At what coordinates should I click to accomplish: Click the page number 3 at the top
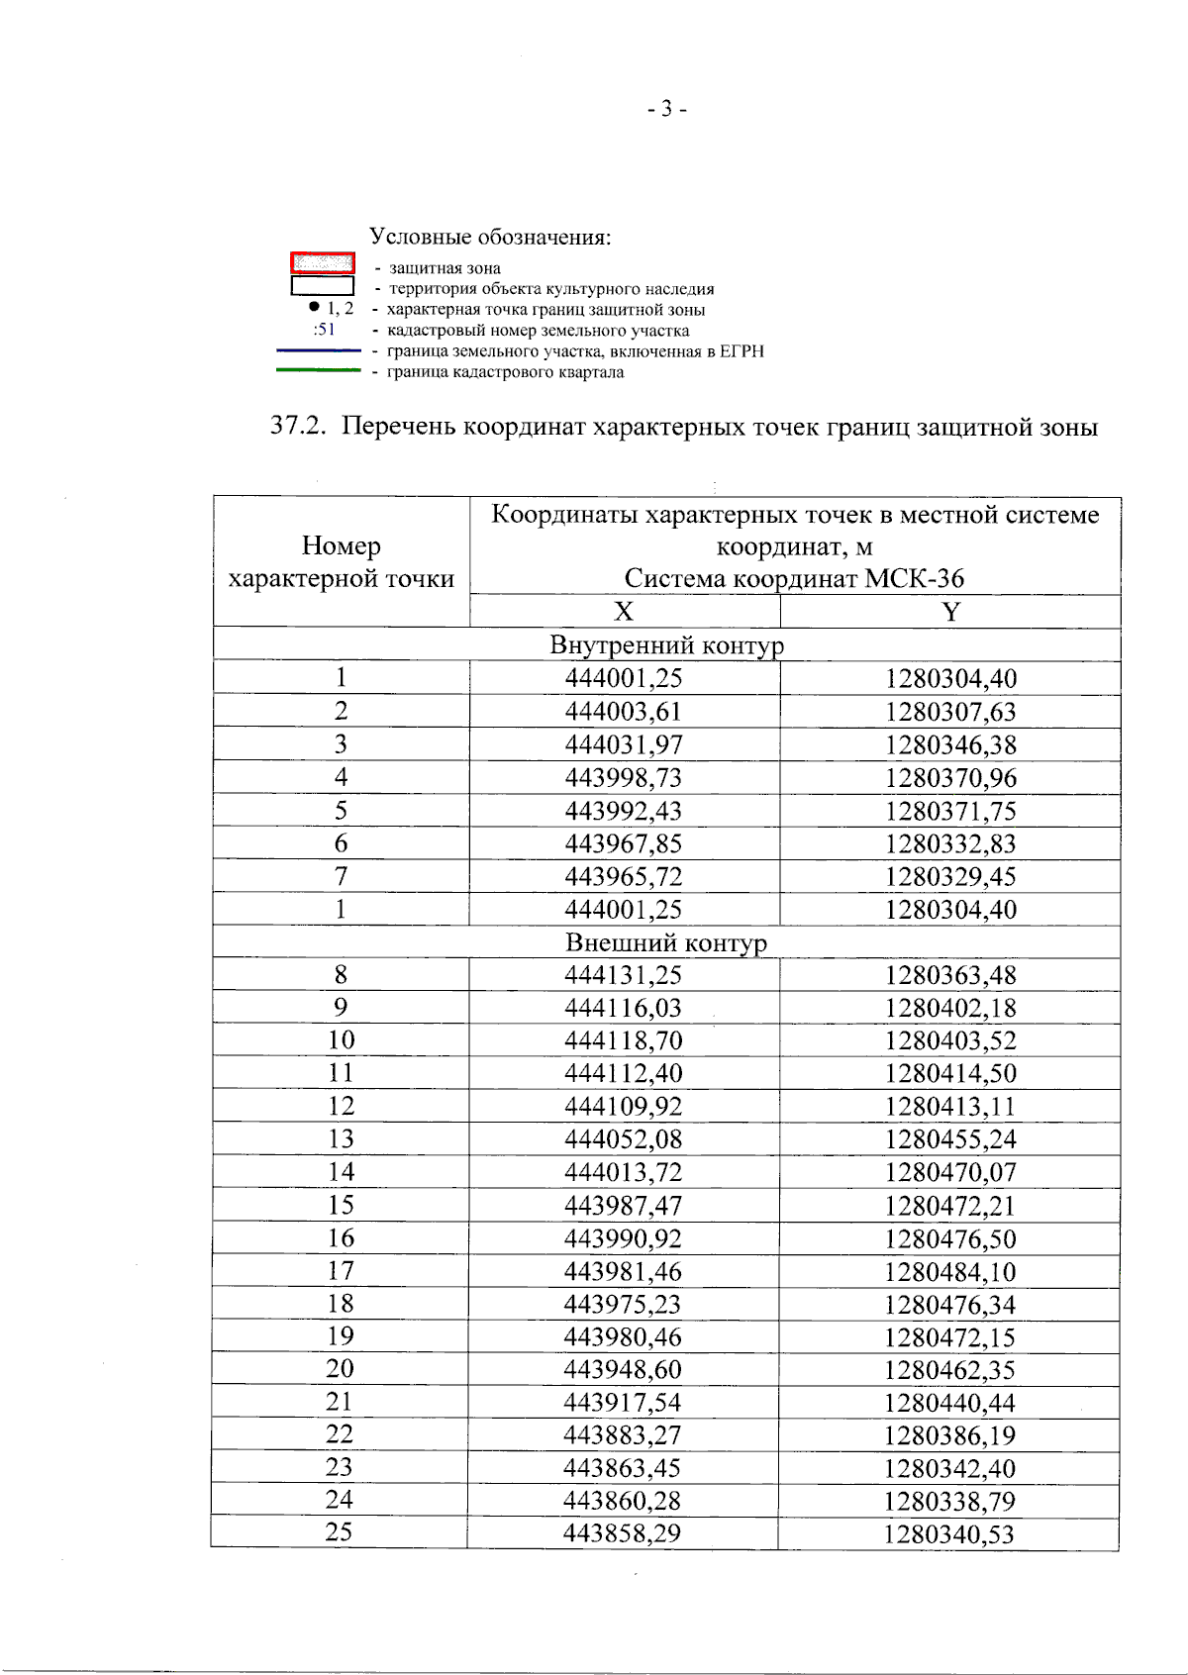pos(667,109)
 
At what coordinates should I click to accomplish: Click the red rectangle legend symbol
pos(323,263)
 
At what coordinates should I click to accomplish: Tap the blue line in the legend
pos(319,350)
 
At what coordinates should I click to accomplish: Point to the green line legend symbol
pos(319,371)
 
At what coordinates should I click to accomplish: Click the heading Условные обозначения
pos(490,238)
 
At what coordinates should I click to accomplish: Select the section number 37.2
pos(298,427)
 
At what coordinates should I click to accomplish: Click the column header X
pos(624,612)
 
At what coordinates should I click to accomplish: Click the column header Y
pos(950,612)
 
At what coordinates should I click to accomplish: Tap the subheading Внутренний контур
pos(666,645)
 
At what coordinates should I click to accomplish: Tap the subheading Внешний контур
pos(666,942)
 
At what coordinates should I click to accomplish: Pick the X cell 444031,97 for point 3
pos(624,744)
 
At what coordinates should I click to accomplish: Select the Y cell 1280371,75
pos(950,811)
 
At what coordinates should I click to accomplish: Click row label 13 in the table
pos(341,1138)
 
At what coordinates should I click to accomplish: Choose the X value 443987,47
pos(624,1206)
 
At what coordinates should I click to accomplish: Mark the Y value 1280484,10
pos(950,1272)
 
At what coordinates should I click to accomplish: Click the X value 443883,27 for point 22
pos(623,1434)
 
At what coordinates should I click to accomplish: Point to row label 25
pos(339,1532)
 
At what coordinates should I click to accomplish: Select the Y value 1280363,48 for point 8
pos(950,975)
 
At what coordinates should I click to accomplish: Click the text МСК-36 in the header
pos(914,579)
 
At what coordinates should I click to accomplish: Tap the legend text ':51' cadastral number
pos(325,330)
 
